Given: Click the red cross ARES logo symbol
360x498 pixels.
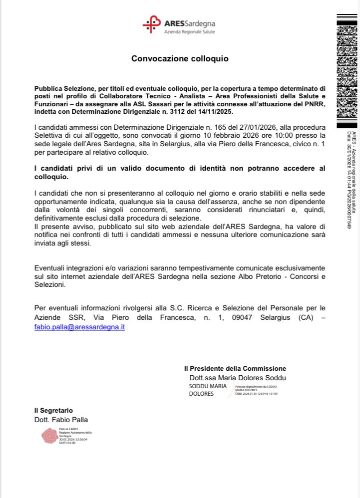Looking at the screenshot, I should (x=151, y=24).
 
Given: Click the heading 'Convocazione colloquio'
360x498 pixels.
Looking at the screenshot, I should (x=180, y=58).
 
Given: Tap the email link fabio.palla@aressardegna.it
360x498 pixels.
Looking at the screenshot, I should (x=79, y=327).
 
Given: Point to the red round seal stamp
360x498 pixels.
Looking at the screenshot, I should (x=49, y=436).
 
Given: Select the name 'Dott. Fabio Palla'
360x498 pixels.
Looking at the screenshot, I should (x=61, y=420).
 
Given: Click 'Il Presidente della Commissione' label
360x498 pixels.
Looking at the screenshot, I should (x=235, y=368).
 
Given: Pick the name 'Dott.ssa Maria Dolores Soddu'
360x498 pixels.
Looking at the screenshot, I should (x=238, y=378).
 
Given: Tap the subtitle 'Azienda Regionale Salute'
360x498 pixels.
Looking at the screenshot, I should (x=189, y=31).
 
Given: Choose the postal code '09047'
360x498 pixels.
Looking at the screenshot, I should (x=241, y=318).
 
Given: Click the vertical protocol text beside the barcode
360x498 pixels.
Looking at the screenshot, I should (x=351, y=180).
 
